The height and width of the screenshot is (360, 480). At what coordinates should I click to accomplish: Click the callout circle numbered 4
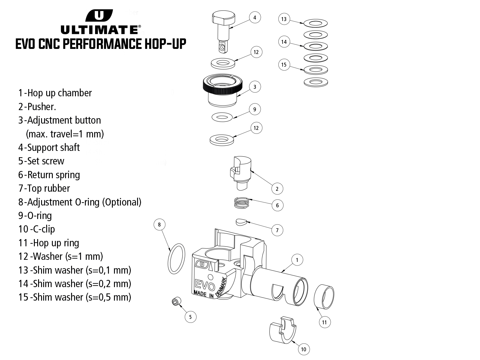(255, 18)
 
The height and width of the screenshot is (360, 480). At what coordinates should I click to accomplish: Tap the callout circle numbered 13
(284, 19)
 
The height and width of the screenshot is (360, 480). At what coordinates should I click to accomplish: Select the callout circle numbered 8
(159, 224)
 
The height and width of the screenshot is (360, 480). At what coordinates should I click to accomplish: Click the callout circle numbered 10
(304, 349)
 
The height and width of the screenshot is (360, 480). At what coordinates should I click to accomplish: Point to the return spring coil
(242, 203)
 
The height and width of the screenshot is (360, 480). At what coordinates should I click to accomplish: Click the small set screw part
(176, 301)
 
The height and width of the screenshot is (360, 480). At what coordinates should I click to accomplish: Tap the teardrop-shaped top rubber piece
(241, 222)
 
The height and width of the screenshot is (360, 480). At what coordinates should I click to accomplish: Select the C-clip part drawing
(282, 330)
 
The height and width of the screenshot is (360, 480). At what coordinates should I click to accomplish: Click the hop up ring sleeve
(324, 296)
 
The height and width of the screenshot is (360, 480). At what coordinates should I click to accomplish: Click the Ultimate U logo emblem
(99, 16)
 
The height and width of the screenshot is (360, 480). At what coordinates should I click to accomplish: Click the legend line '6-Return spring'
(49, 175)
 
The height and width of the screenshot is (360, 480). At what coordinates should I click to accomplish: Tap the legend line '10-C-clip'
(37, 229)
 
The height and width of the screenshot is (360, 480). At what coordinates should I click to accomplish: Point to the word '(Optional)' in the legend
(122, 202)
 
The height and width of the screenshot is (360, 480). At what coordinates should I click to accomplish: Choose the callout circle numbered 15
(284, 65)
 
